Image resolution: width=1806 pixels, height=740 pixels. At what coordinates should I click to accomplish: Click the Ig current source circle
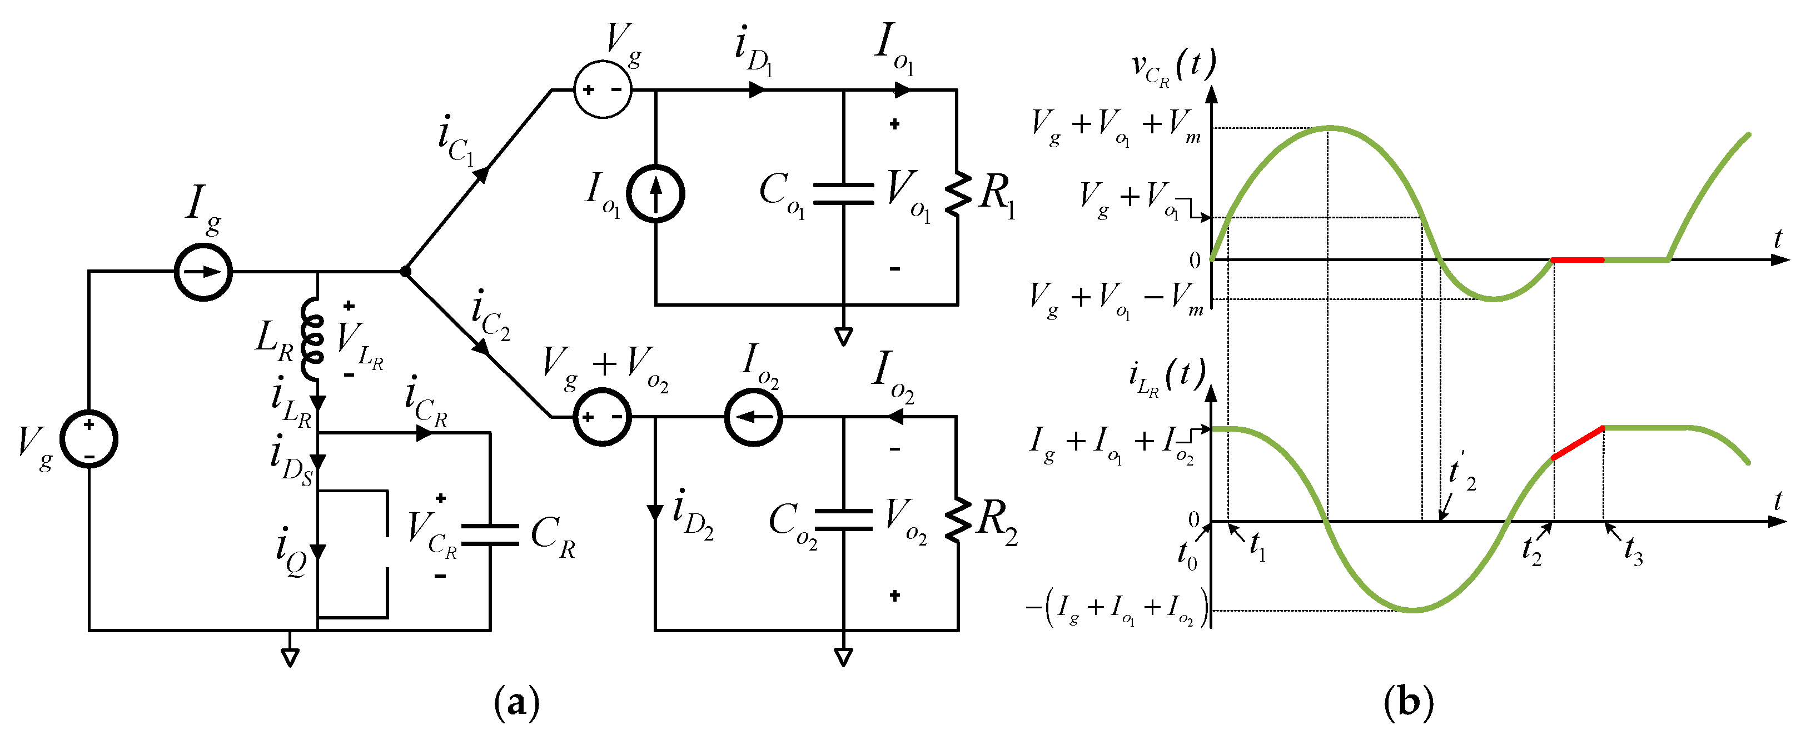pos(203,272)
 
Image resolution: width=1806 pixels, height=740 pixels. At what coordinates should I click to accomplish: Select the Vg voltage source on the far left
pos(88,439)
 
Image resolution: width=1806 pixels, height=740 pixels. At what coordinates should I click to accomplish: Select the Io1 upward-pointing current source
pos(655,194)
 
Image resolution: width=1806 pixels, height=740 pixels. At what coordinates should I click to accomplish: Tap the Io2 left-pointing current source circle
pos(753,417)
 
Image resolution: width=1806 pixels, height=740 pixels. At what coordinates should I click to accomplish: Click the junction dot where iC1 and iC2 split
pos(405,271)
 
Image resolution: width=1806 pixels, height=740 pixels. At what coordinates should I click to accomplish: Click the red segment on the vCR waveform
pos(1578,260)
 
